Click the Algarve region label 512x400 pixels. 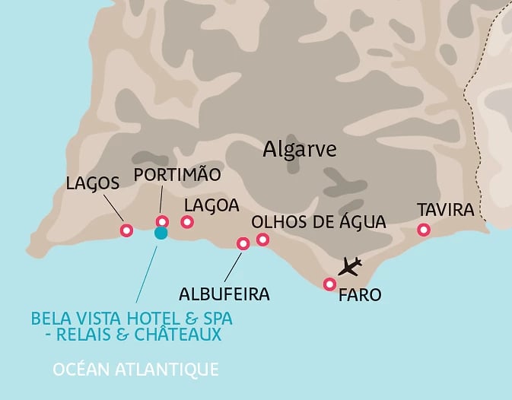point(299,149)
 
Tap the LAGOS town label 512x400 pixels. point(93,183)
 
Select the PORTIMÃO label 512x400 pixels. point(176,175)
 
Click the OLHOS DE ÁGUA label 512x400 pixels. point(319,221)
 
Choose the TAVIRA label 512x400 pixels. point(445,210)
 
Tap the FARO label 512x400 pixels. point(360,294)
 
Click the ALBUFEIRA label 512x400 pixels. point(224,293)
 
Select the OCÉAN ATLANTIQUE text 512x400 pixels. point(135,370)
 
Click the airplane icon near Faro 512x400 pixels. point(350,266)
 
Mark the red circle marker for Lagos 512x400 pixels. point(126,230)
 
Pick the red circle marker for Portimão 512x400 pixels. point(162,222)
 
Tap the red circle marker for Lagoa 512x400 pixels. point(187,222)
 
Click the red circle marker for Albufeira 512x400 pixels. point(243,244)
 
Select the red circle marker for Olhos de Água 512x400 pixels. point(262,240)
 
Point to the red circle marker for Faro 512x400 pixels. point(329,284)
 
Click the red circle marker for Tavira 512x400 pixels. point(424,230)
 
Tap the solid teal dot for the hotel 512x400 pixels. point(161,233)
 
